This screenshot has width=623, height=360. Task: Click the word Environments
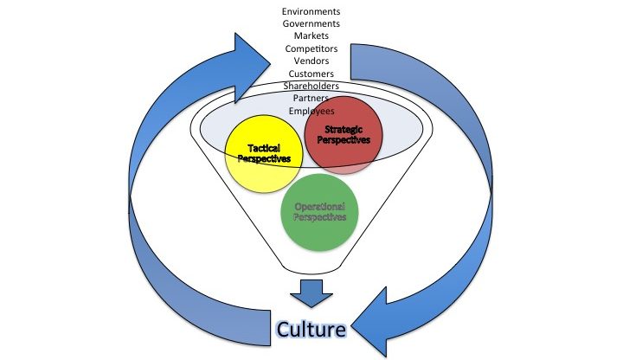pos(311,11)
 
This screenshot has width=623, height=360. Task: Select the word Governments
pos(311,23)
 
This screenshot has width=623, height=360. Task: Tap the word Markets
pos(311,36)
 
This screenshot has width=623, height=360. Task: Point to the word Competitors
pos(311,49)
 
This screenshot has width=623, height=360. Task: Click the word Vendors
pos(311,62)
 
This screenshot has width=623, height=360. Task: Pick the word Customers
pos(311,74)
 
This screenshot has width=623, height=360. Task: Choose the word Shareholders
pos(311,87)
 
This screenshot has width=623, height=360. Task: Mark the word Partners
pos(311,100)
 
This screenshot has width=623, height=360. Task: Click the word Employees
pos(311,112)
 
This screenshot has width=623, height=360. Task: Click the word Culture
pos(311,330)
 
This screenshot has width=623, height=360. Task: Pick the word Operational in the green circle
pos(320,207)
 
